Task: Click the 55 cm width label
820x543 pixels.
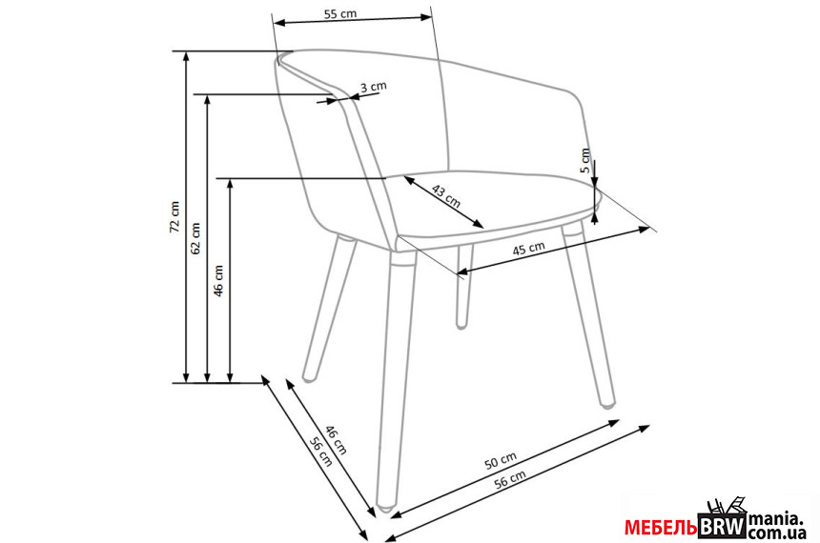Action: click(x=340, y=13)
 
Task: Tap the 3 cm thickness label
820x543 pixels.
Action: click(x=374, y=87)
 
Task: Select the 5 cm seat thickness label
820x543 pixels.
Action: click(x=585, y=160)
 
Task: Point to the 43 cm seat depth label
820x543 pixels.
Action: click(x=446, y=196)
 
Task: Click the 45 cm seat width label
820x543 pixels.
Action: click(x=528, y=248)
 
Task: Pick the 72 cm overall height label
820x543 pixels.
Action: click(x=174, y=217)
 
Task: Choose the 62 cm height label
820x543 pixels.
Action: click(x=195, y=238)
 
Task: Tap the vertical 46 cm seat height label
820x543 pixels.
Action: click(x=218, y=281)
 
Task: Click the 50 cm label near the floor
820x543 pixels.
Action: click(x=501, y=460)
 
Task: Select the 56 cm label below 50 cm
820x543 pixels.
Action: click(x=510, y=479)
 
